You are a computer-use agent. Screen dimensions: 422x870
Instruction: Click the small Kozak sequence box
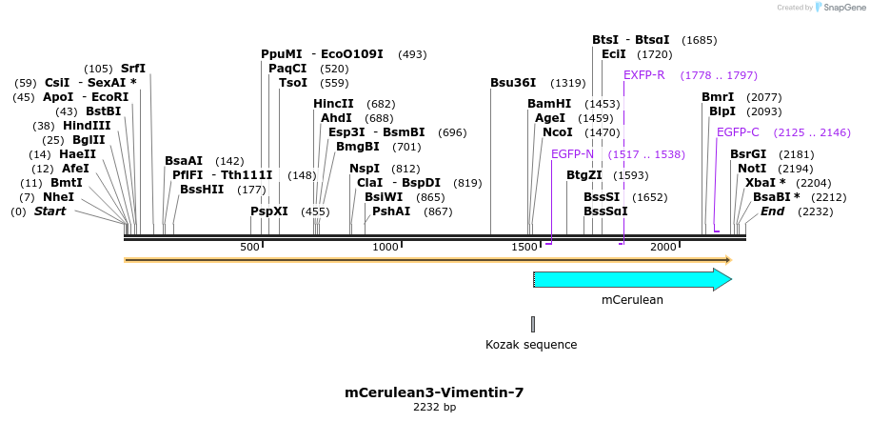pos(533,324)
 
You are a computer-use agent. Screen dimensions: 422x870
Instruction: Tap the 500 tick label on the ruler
pos(249,248)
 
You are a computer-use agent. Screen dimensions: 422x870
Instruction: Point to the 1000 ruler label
pos(386,248)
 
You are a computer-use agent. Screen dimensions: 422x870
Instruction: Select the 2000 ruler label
pos(663,248)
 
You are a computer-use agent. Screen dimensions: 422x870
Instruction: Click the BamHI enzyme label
pos(549,103)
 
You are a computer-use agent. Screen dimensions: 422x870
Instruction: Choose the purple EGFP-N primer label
pos(572,153)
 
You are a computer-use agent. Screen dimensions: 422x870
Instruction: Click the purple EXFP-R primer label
pos(644,74)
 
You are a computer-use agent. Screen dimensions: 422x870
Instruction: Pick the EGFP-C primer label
pos(738,131)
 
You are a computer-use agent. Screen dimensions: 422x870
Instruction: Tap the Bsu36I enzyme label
pos(513,83)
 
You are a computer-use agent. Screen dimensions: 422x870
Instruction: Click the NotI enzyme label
pos(751,168)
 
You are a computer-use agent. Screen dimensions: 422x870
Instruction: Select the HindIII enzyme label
pos(87,125)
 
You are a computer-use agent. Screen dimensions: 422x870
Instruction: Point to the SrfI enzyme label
pos(133,69)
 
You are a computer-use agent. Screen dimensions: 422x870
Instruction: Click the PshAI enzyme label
pos(392,211)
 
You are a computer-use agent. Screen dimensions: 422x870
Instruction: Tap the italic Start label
pos(49,211)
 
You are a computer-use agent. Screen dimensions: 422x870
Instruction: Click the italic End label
pos(772,211)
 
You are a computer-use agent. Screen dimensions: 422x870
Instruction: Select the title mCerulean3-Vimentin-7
pos(434,392)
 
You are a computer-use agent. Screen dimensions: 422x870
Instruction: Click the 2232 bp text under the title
pos(434,408)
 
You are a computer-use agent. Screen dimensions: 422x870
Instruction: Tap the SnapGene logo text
pos(841,7)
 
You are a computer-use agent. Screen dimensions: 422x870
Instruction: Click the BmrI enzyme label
pos(718,97)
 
